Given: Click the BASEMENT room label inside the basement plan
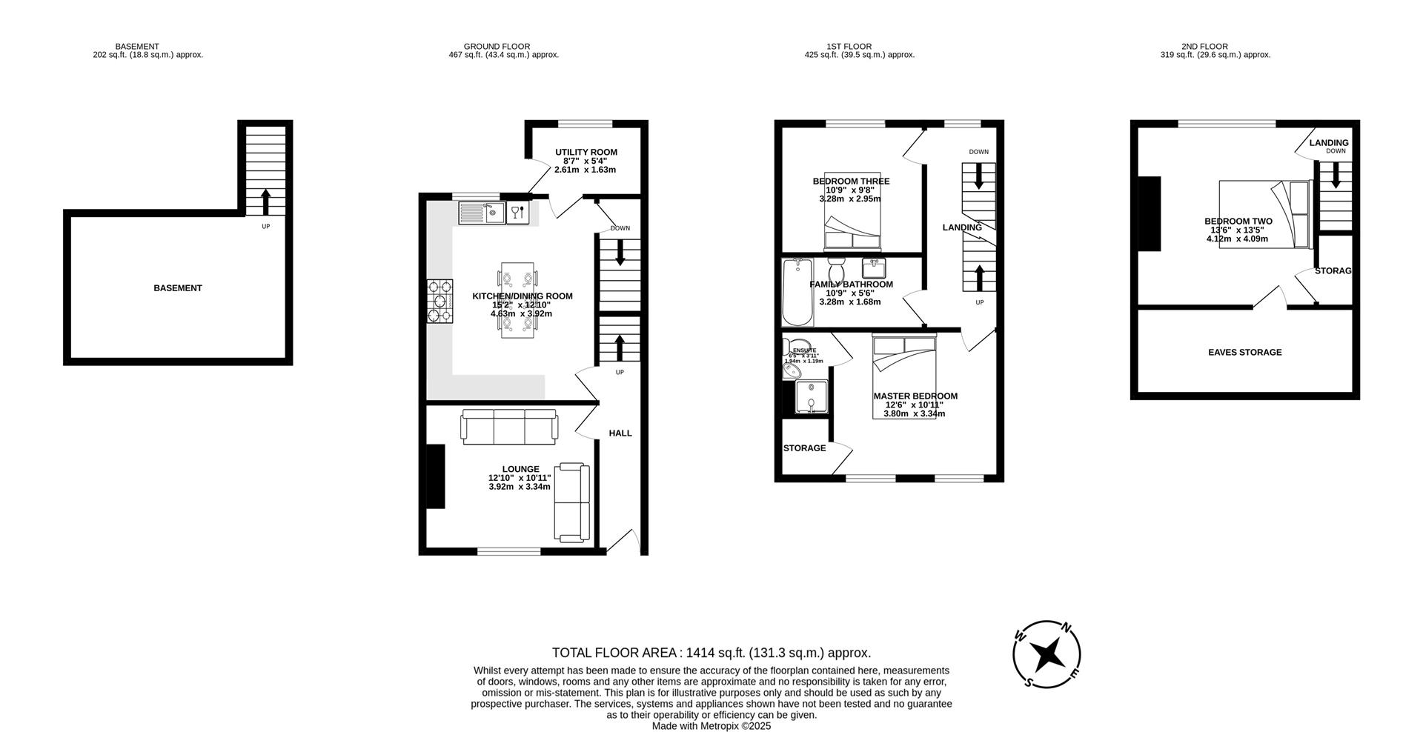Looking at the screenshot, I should pos(178,288).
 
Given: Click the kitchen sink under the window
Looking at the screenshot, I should pos(482,213).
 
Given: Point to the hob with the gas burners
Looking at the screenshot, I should pos(439,301).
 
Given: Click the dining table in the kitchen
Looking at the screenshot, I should pos(517,300).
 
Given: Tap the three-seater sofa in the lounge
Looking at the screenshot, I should pos(509,427).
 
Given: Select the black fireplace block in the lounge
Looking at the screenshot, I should pos(435,476).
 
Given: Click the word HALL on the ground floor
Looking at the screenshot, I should pos(620,433).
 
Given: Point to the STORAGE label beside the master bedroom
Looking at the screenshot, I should pos(804,448).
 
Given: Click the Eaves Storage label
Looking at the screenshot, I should pos(1244,353).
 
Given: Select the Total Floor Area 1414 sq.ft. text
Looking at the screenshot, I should pos(711,653).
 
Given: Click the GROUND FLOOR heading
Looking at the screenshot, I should pos(497,47).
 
